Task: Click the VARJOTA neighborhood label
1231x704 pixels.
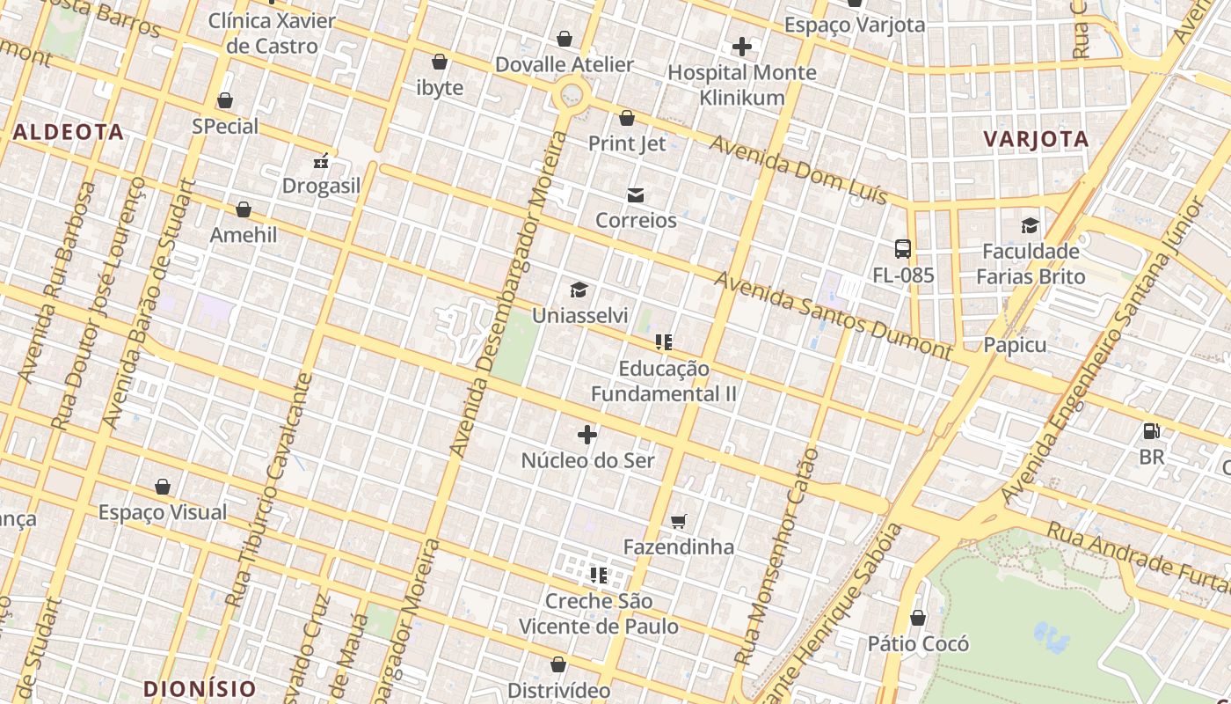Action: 1036,139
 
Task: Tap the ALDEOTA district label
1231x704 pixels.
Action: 69,132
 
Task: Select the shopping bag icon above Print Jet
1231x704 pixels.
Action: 627,118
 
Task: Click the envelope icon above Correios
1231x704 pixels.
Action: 635,195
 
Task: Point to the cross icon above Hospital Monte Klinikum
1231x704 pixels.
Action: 742,47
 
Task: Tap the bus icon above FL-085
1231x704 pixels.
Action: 903,249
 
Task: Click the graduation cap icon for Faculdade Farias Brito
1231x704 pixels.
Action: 1030,226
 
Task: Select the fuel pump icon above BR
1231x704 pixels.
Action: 1151,431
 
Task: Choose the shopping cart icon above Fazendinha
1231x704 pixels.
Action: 678,522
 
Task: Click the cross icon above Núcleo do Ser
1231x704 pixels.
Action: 587,435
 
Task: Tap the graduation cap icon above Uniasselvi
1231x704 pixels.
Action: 579,290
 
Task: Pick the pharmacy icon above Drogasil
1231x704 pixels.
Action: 321,161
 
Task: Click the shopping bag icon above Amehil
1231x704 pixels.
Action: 244,209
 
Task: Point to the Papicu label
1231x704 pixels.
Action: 1015,345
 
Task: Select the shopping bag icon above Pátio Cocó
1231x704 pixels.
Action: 918,619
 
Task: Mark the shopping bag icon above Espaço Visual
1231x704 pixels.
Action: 163,487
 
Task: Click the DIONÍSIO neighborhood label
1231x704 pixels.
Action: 199,688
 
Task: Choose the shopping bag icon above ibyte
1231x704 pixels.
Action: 439,62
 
